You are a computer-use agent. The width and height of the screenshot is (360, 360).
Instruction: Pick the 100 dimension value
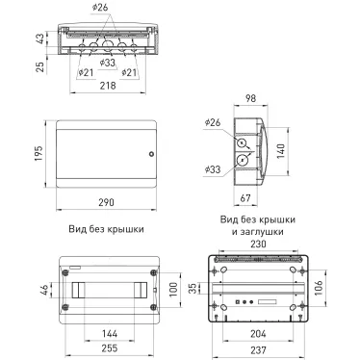coord(173,288)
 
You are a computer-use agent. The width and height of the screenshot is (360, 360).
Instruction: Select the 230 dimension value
coord(257,245)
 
